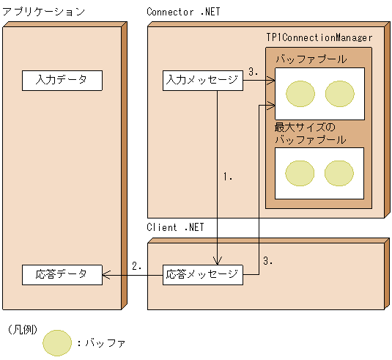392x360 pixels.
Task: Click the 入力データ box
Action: coord(62,80)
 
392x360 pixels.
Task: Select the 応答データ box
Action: coord(62,275)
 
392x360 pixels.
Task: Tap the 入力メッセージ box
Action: coord(202,80)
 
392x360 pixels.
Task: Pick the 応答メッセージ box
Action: coord(202,275)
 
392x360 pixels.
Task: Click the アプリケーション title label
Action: coord(44,12)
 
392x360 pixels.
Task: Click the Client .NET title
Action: coord(175,227)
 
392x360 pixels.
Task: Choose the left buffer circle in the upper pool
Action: coord(300,93)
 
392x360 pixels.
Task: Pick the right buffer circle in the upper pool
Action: coord(339,93)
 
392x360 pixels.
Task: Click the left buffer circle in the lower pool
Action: coord(300,173)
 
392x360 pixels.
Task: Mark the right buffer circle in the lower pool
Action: coord(339,173)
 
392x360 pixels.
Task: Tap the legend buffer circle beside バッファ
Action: coord(58,342)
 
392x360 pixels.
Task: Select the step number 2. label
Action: coord(136,266)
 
